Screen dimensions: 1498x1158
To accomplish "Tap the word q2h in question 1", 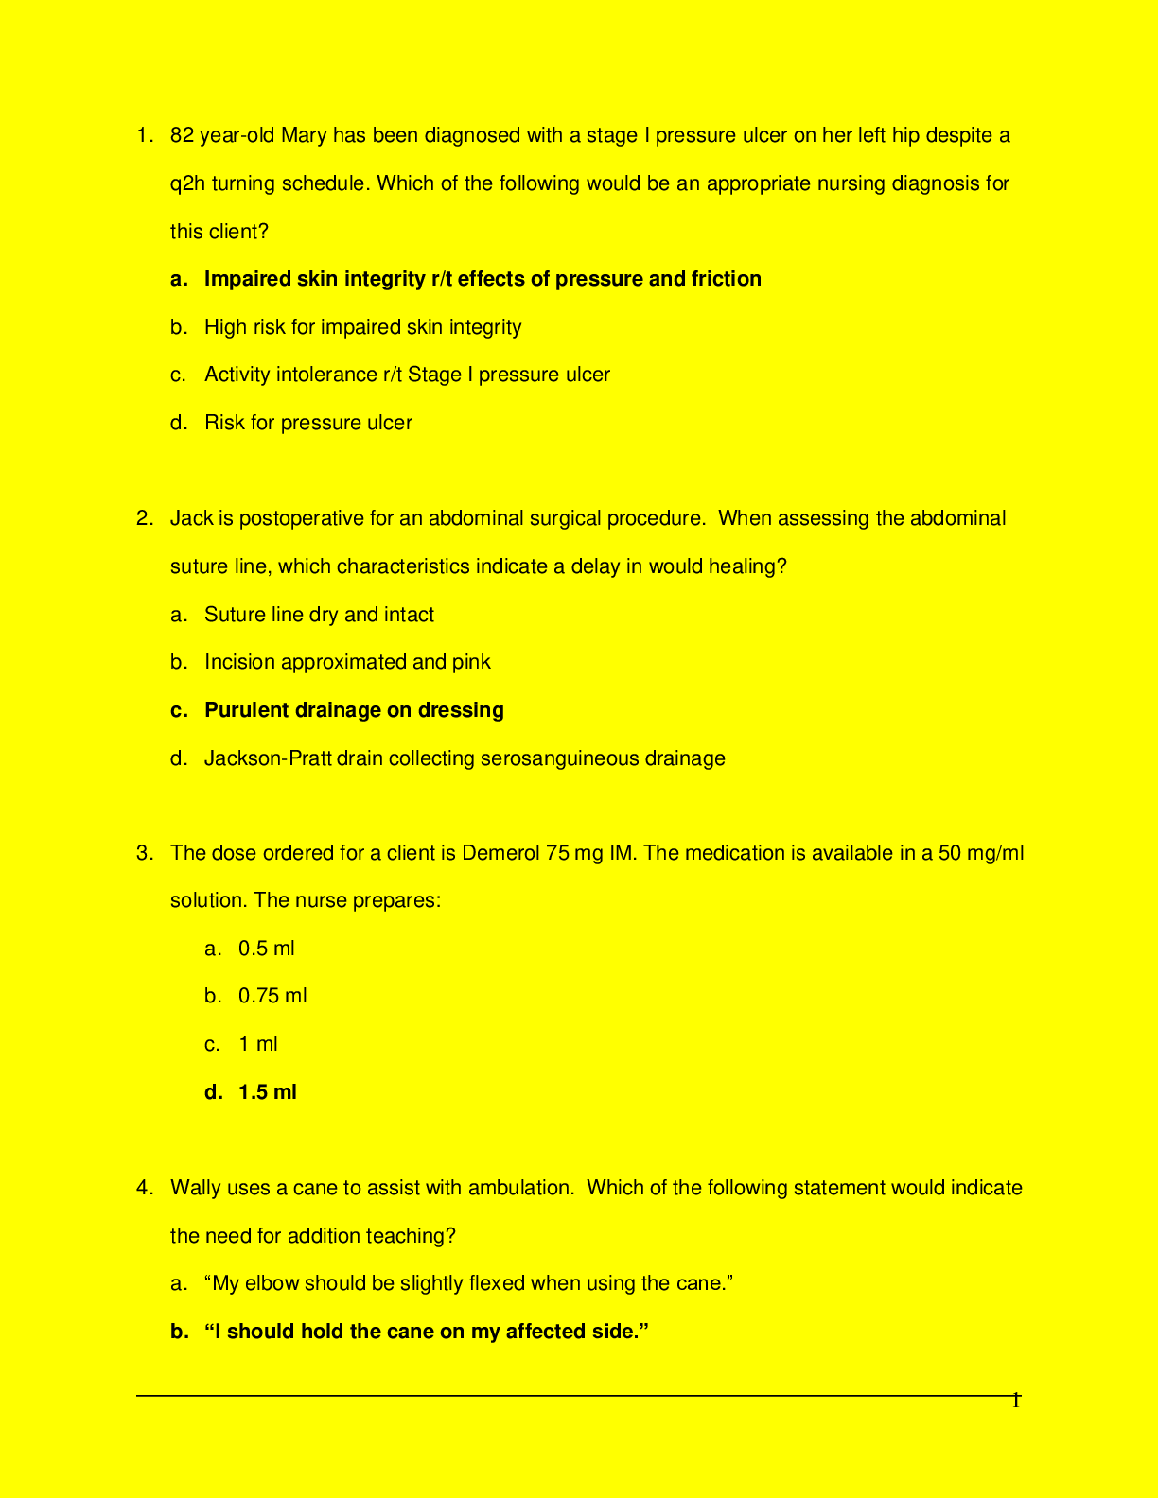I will pyautogui.click(x=187, y=183).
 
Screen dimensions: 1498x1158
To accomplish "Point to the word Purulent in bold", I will pyautogui.click(x=246, y=710).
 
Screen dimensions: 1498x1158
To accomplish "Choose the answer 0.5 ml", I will pyautogui.click(x=266, y=949).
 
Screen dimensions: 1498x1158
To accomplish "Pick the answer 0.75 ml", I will pyautogui.click(x=272, y=996).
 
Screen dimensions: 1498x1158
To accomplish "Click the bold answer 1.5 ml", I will pyautogui.click(x=267, y=1092).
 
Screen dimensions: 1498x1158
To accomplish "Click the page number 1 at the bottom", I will pyautogui.click(x=1016, y=1401).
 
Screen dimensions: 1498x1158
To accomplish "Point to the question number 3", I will pyautogui.click(x=143, y=853).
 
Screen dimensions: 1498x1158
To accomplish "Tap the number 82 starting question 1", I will pyautogui.click(x=182, y=135).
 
